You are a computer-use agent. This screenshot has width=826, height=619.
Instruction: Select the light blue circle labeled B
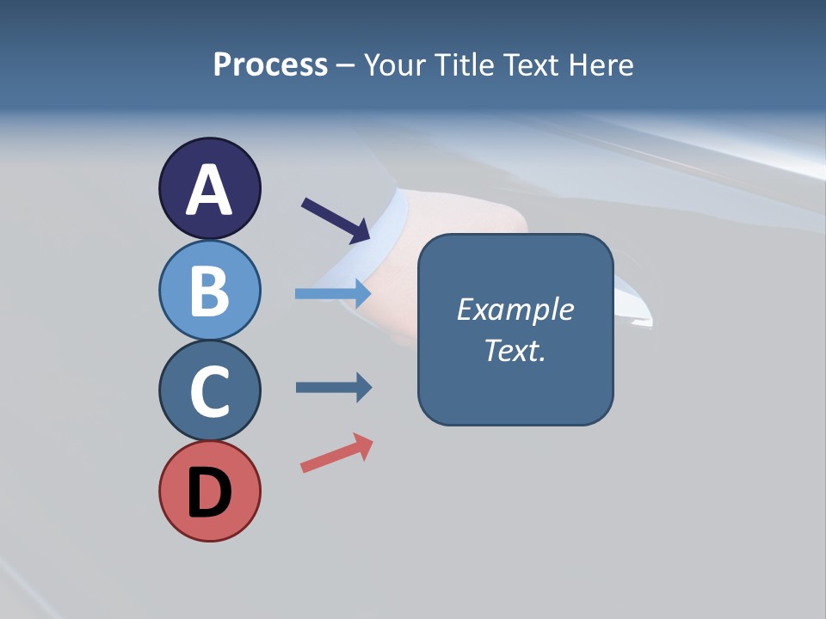pos(209,289)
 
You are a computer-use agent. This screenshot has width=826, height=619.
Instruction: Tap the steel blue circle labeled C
pos(209,389)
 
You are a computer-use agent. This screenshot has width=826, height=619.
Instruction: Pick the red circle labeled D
pos(209,491)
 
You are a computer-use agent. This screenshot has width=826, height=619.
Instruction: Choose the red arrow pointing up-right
pos(336,453)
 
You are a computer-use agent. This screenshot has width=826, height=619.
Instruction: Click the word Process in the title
pos(270,65)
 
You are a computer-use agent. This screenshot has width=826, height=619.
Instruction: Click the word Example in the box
pos(515,309)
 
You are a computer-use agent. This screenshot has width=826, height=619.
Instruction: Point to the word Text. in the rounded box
pos(515,350)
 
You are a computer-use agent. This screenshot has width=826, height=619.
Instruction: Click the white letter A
pos(209,191)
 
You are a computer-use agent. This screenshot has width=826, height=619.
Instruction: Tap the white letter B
pos(209,291)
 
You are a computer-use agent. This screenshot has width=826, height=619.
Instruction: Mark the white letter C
pos(209,391)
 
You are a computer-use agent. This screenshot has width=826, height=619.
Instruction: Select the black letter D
pos(209,493)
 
